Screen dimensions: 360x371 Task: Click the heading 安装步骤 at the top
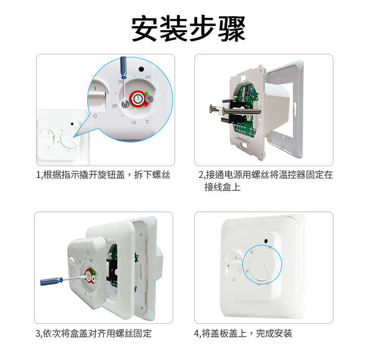pyautogui.click(x=188, y=29)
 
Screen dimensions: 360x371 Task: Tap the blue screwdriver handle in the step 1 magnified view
pyautogui.click(x=123, y=66)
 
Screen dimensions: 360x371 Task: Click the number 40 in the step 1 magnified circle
pyautogui.click(x=147, y=77)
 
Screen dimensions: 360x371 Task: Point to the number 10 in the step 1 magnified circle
pyautogui.click(x=133, y=122)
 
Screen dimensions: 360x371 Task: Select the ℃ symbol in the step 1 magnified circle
pyautogui.click(x=147, y=122)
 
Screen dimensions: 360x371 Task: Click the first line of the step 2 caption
pyautogui.click(x=266, y=175)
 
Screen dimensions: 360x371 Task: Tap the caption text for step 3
pyautogui.click(x=93, y=333)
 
